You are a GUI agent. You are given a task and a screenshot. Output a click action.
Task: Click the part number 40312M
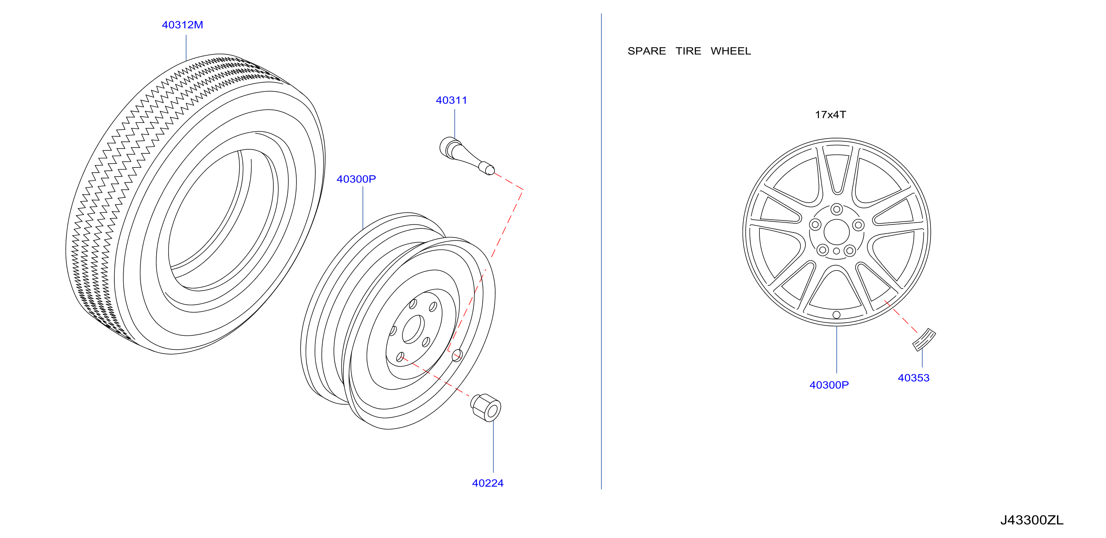tap(182, 25)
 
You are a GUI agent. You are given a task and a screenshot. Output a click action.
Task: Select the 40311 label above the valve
tap(451, 100)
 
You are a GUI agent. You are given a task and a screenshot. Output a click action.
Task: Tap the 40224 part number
tap(488, 483)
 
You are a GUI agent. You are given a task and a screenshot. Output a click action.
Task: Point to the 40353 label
tap(914, 378)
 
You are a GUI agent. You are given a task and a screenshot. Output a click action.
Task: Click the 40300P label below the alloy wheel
tap(829, 385)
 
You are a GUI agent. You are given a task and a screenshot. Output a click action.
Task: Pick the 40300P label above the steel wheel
tap(356, 179)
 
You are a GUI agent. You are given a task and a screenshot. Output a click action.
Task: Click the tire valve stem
tap(467, 156)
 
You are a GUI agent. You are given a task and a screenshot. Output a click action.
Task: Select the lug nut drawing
tap(486, 407)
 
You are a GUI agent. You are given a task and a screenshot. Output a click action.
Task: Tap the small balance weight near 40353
tap(924, 340)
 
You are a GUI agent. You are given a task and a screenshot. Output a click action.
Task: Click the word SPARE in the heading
tap(647, 51)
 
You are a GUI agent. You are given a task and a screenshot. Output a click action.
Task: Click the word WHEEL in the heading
tap(731, 51)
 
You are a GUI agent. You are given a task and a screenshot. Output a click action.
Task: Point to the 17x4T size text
tap(830, 115)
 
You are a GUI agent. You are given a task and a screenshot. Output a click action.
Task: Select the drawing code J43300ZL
tap(1032, 520)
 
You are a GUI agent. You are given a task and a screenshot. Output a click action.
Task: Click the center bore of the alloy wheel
tap(836, 232)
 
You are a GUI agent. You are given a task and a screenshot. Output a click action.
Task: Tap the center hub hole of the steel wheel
tap(413, 329)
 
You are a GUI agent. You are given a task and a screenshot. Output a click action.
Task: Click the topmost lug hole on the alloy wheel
tap(836, 210)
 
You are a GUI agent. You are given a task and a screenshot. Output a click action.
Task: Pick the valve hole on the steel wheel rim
tap(457, 356)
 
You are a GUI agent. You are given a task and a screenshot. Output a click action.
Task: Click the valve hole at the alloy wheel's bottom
tap(836, 315)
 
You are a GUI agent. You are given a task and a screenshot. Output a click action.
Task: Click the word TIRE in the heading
tap(688, 51)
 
